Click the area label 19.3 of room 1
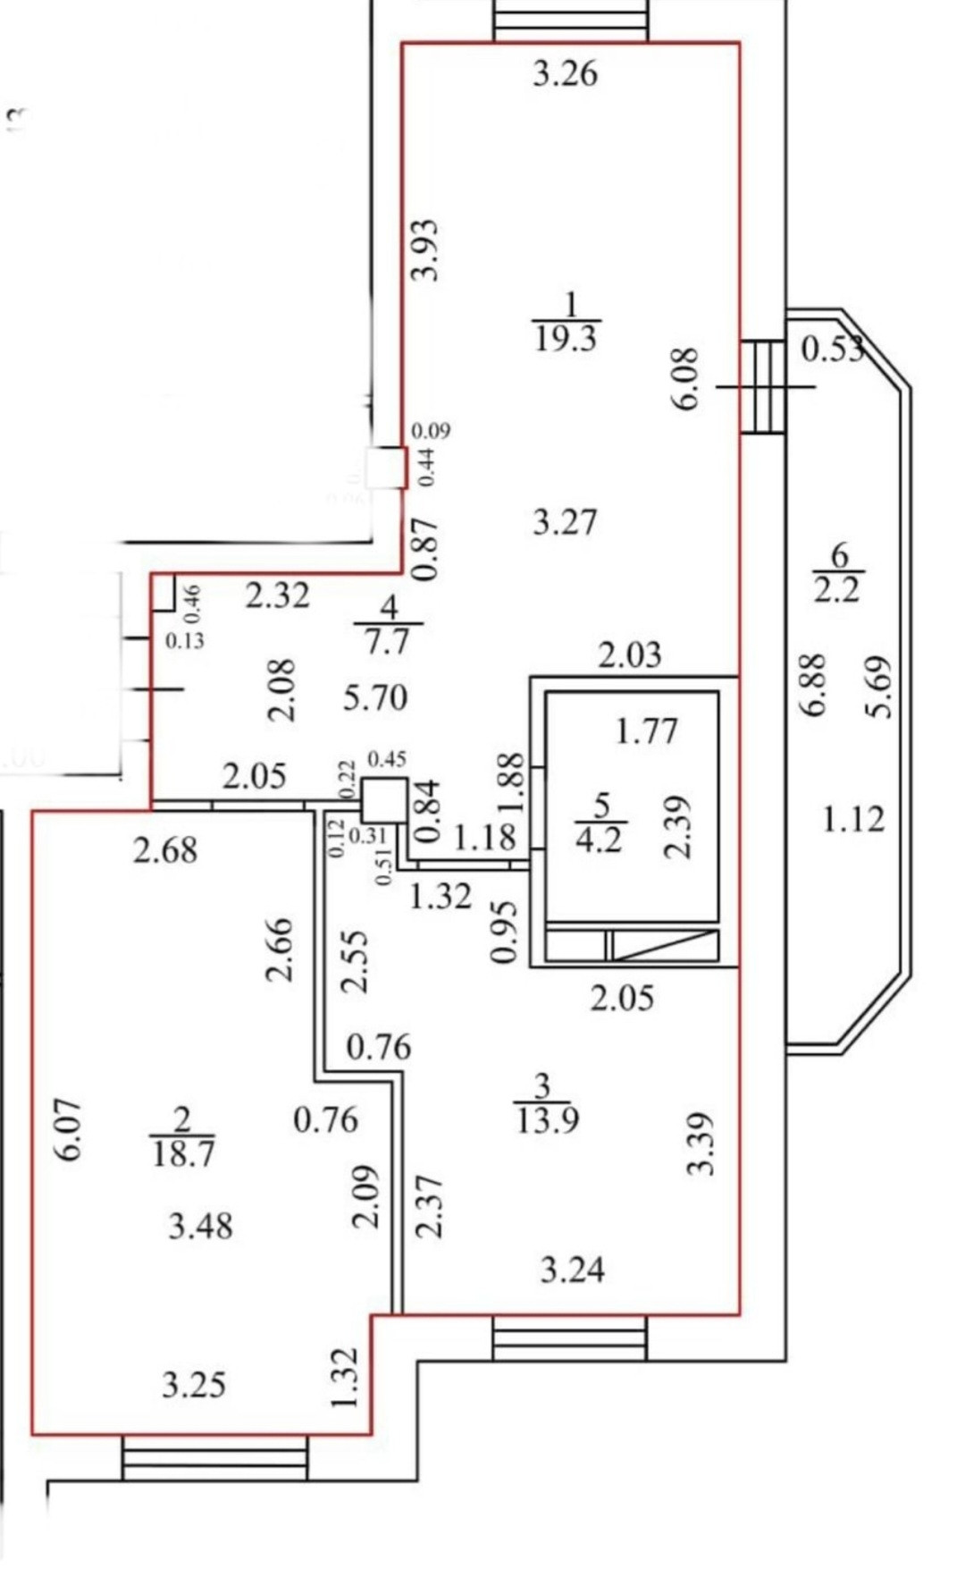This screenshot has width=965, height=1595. coord(566,339)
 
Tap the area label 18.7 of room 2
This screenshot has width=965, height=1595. coord(182,1153)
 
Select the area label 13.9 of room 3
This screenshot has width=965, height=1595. coord(547,1119)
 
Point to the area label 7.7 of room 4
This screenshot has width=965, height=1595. coord(387,641)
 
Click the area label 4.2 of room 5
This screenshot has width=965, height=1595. coord(599,840)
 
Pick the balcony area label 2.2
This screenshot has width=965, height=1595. coord(836,590)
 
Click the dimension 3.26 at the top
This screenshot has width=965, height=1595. coord(565,73)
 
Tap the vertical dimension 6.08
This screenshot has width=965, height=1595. coord(686,378)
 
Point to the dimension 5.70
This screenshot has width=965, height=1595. coord(375,697)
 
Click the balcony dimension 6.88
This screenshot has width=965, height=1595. coord(812,685)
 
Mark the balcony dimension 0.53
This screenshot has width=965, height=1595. coord(831,349)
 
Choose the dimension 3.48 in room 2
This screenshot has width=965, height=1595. coord(201,1226)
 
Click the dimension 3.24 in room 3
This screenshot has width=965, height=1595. coord(572,1270)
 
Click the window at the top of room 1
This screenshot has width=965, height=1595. coord(570,21)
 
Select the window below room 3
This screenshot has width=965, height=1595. coord(569,1338)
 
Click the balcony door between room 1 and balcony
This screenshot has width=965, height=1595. coord(764,386)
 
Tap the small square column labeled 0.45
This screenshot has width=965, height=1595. coord(384,799)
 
